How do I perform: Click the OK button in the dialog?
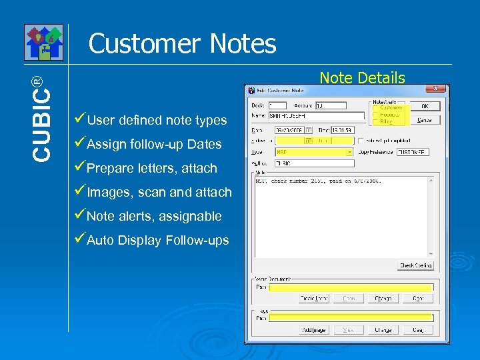[425, 105]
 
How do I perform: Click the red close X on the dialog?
[436, 88]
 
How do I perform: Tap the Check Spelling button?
[415, 265]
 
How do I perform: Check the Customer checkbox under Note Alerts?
[375, 107]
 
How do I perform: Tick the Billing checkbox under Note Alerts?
[375, 121]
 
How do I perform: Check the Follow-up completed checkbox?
[361, 141]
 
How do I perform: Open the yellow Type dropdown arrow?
[349, 152]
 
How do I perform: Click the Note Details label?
[362, 78]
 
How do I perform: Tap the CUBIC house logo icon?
[43, 42]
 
